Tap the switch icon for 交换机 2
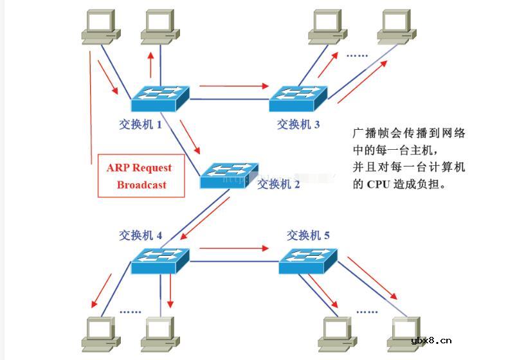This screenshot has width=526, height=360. [x=228, y=174]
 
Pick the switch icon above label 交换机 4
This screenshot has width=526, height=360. [x=160, y=261]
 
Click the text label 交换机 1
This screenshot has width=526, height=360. [x=140, y=125]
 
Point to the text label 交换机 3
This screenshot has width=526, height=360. [x=298, y=125]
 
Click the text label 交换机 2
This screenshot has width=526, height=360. [x=278, y=184]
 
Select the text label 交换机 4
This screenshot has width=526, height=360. [x=140, y=235]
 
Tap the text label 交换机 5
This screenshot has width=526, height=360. [x=308, y=235]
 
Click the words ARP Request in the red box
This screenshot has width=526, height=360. [x=140, y=168]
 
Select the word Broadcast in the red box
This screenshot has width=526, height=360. [x=141, y=185]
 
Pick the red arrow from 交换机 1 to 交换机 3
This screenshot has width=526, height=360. [x=233, y=85]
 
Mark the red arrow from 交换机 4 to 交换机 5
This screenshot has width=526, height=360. [x=233, y=248]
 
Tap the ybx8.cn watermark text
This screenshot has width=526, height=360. [x=431, y=341]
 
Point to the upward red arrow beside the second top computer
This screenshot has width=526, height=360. [x=151, y=63]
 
